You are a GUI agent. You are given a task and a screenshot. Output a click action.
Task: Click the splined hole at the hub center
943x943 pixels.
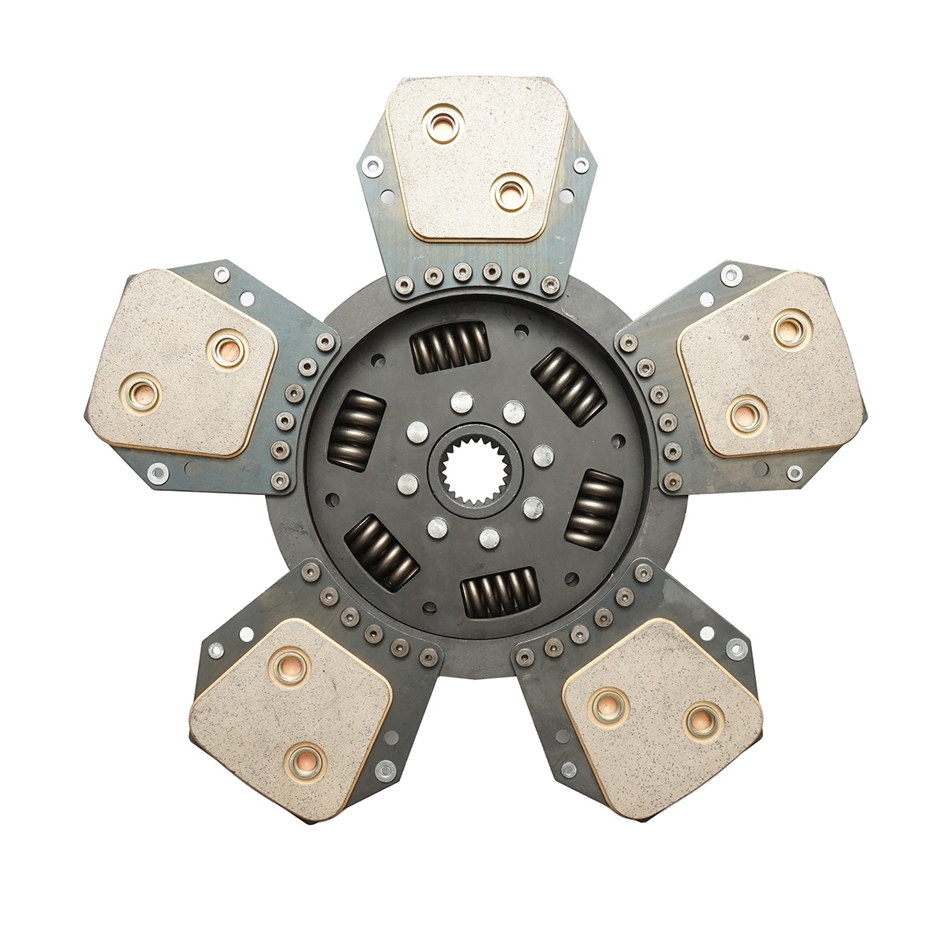coord(470,470)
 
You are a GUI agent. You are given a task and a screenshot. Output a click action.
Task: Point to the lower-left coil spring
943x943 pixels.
coord(381,553)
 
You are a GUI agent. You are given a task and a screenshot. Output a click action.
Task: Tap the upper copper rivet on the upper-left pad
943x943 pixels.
coord(229,347)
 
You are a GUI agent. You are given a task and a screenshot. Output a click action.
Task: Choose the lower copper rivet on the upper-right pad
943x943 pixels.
coord(746,413)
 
